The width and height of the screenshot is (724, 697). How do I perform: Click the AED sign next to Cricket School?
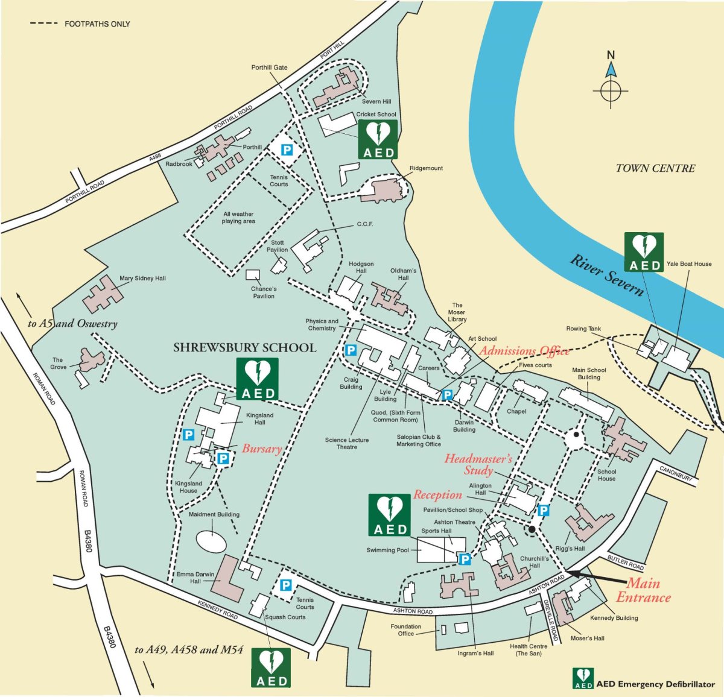pyautogui.click(x=378, y=139)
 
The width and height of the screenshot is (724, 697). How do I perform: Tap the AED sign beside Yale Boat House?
pyautogui.click(x=644, y=252)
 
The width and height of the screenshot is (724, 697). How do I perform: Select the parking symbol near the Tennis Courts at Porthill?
pyautogui.click(x=287, y=150)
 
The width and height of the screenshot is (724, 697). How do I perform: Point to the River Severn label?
pyautogui.click(x=607, y=276)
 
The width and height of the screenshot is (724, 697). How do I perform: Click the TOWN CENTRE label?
pyautogui.click(x=655, y=169)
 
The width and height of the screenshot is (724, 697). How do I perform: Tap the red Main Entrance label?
pyautogui.click(x=643, y=590)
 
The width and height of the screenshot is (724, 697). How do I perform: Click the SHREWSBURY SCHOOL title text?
pyautogui.click(x=244, y=348)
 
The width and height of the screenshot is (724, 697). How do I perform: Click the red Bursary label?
pyautogui.click(x=262, y=449)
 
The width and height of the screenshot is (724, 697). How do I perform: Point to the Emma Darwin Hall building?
pyautogui.click(x=227, y=578)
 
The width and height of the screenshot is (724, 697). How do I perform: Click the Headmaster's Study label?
pyautogui.click(x=478, y=464)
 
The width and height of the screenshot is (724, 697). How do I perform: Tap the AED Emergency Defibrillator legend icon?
pyautogui.click(x=583, y=678)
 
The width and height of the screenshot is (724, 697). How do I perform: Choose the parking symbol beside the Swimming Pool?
pyautogui.click(x=465, y=560)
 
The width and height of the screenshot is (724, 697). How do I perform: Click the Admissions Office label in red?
pyautogui.click(x=524, y=351)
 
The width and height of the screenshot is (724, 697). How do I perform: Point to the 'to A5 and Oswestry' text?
pyautogui.click(x=72, y=324)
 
